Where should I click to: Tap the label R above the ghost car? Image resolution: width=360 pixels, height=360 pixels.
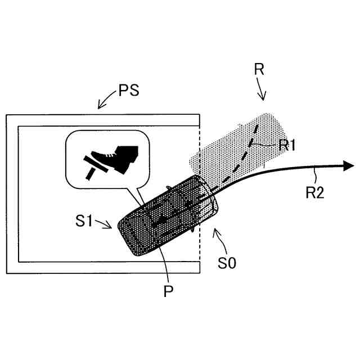point(259,70)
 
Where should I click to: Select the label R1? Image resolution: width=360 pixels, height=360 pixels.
point(287,144)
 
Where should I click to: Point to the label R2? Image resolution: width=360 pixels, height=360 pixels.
point(315,193)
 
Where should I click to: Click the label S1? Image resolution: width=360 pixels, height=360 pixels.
point(84,221)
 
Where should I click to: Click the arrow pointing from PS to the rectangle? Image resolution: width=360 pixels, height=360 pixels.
point(105,102)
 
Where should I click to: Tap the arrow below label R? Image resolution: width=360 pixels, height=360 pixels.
point(262,90)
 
